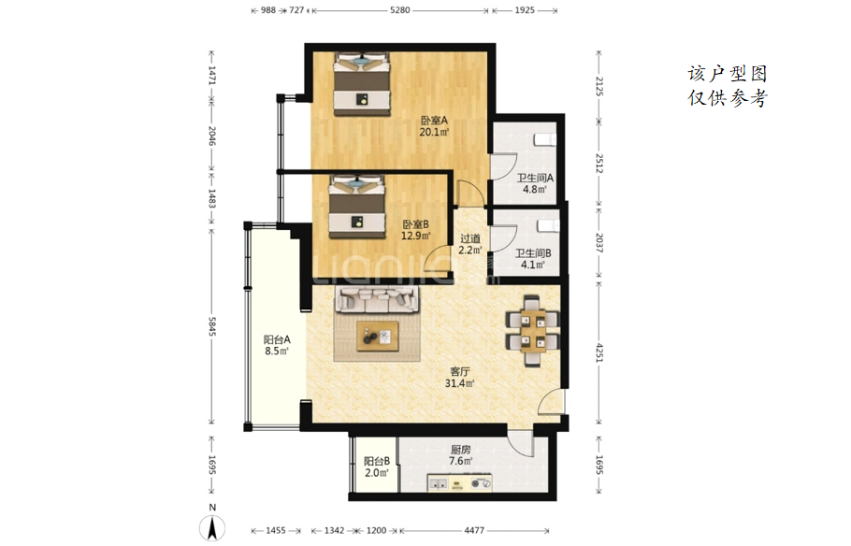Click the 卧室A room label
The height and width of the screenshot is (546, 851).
tap(434, 120)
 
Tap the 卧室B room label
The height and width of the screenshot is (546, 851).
tap(416, 224)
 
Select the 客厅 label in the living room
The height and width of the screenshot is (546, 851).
tap(460, 372)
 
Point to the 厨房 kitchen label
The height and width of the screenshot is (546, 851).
tap(460, 450)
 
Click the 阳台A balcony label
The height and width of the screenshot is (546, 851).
tap(277, 339)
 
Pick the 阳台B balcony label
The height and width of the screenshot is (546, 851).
tap(377, 461)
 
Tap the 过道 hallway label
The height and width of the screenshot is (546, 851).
tap(470, 238)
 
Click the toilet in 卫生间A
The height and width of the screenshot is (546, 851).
tap(545, 139)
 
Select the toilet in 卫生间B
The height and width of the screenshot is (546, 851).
tap(548, 224)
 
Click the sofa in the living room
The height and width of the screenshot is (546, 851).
tap(379, 300)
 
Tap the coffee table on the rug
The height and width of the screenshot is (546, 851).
tap(378, 337)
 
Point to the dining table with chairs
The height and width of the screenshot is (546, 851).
tap(532, 331)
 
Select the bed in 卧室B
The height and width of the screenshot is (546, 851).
tap(356, 207)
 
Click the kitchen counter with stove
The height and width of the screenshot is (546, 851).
tap(460, 483)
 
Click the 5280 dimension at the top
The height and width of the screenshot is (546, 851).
tap(400, 9)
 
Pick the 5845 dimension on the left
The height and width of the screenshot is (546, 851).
tap(212, 326)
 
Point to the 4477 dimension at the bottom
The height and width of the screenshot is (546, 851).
tap(474, 530)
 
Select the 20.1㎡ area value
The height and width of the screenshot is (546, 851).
tap(434, 132)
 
